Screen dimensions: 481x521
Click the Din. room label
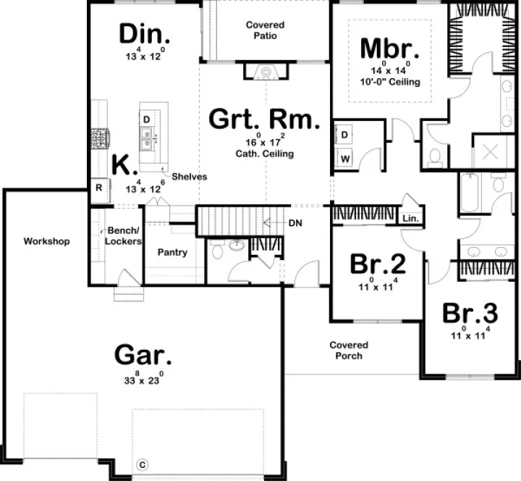click(145, 33)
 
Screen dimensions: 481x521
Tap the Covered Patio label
click(265, 30)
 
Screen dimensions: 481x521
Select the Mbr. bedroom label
click(390, 49)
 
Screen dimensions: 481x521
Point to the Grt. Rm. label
click(263, 120)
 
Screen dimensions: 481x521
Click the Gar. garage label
click(143, 356)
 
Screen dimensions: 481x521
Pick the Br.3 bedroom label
click(470, 314)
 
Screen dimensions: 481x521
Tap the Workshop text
click(46, 241)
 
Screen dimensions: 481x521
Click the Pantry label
click(172, 253)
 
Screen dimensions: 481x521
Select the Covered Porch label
click(349, 351)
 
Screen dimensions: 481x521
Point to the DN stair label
click(295, 223)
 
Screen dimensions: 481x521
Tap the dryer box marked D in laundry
click(344, 135)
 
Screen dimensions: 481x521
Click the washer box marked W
click(344, 158)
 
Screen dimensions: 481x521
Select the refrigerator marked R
click(98, 188)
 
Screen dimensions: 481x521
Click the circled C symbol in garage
click(143, 464)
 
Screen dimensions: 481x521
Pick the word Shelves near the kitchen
click(189, 176)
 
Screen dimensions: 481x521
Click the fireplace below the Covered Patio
click(266, 71)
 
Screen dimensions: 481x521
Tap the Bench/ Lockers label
click(122, 236)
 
